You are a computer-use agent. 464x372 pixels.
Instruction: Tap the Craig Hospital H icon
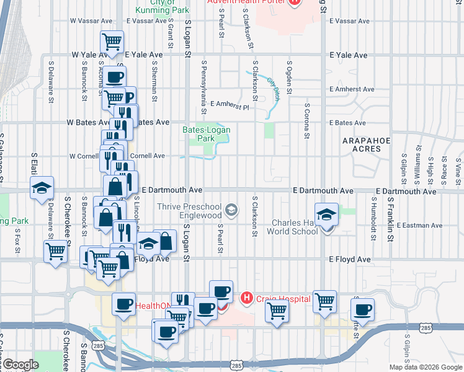pos(247,299)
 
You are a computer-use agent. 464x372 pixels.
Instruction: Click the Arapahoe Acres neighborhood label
pos(365,145)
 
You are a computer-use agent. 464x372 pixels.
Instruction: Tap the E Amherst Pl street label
pos(230,106)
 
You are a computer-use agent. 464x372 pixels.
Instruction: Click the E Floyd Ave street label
pos(350,259)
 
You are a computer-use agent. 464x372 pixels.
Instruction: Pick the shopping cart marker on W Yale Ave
pos(112,42)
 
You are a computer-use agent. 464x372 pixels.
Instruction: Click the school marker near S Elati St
pos(42,187)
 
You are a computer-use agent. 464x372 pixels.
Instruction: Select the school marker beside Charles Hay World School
pos(326,215)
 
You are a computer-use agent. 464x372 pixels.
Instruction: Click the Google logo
pos(20,365)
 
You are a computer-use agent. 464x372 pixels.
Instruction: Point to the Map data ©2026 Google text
pos(425,367)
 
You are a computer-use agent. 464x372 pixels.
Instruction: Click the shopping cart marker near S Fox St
pos(56,251)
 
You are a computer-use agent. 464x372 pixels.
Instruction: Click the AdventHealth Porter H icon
pos(295,2)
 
